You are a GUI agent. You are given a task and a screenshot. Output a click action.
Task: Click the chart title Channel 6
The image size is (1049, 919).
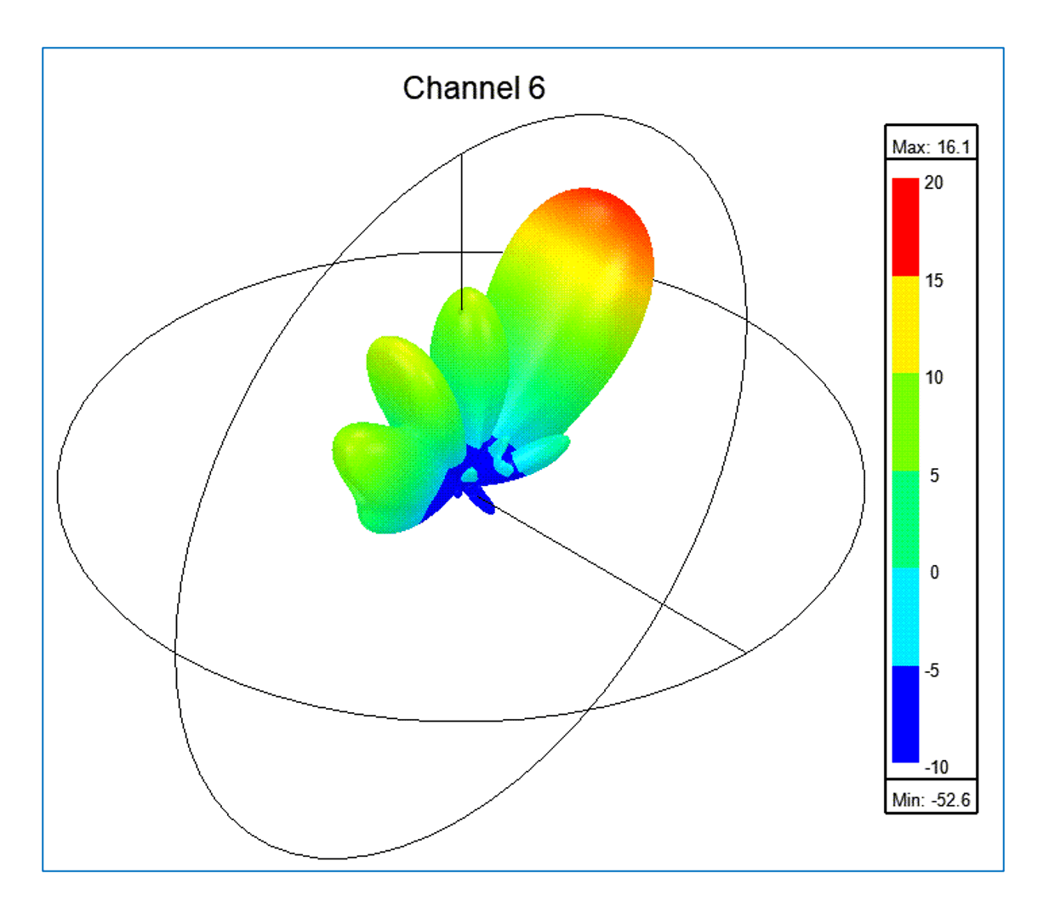473,88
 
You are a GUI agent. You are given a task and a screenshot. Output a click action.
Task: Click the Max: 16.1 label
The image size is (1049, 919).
931,147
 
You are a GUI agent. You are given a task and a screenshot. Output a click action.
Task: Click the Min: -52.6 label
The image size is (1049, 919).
931,800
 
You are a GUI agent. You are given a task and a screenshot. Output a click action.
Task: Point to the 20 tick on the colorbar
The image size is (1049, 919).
933,183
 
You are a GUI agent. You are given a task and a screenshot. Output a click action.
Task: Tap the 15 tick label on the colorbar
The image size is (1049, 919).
933,281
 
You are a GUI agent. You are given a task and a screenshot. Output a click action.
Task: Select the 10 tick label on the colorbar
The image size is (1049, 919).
933,378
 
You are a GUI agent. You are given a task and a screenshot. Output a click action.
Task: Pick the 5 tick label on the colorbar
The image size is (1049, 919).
935,476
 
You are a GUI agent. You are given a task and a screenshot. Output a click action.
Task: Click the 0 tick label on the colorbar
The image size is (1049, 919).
935,572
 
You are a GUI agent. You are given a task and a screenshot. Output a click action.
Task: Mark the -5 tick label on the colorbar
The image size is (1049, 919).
932,670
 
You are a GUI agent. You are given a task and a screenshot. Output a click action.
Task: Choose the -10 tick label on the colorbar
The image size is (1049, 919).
936,768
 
